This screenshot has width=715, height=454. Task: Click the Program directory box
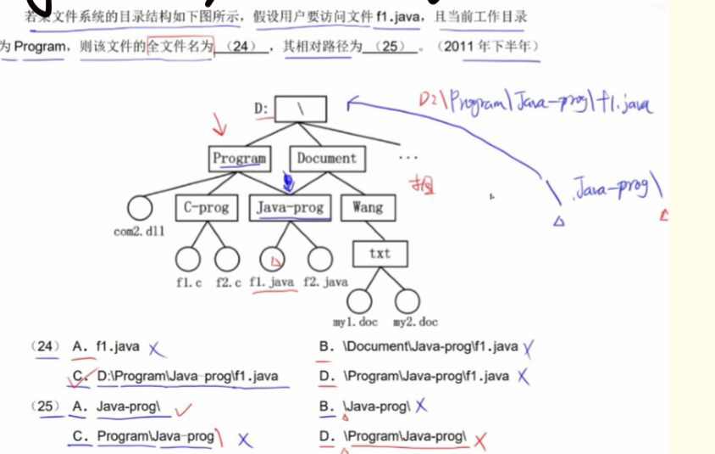[239, 158]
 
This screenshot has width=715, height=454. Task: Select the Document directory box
[327, 158]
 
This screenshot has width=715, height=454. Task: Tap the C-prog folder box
[207, 207]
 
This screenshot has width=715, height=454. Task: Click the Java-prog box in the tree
[290, 207]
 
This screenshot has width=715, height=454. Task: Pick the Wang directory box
[368, 207]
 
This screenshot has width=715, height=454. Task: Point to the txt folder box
[380, 253]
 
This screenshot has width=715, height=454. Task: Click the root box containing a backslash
[301, 109]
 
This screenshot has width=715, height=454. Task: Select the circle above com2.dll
[139, 207]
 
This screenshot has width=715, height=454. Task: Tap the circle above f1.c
[188, 258]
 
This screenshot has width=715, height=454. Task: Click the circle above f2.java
[319, 258]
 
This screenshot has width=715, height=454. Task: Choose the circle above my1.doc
[360, 300]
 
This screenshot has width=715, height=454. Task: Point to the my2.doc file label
[415, 322]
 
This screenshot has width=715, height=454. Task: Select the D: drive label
[262, 109]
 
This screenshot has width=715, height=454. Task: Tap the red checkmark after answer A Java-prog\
[183, 410]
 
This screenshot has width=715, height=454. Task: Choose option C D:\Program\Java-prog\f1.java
[186, 377]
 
